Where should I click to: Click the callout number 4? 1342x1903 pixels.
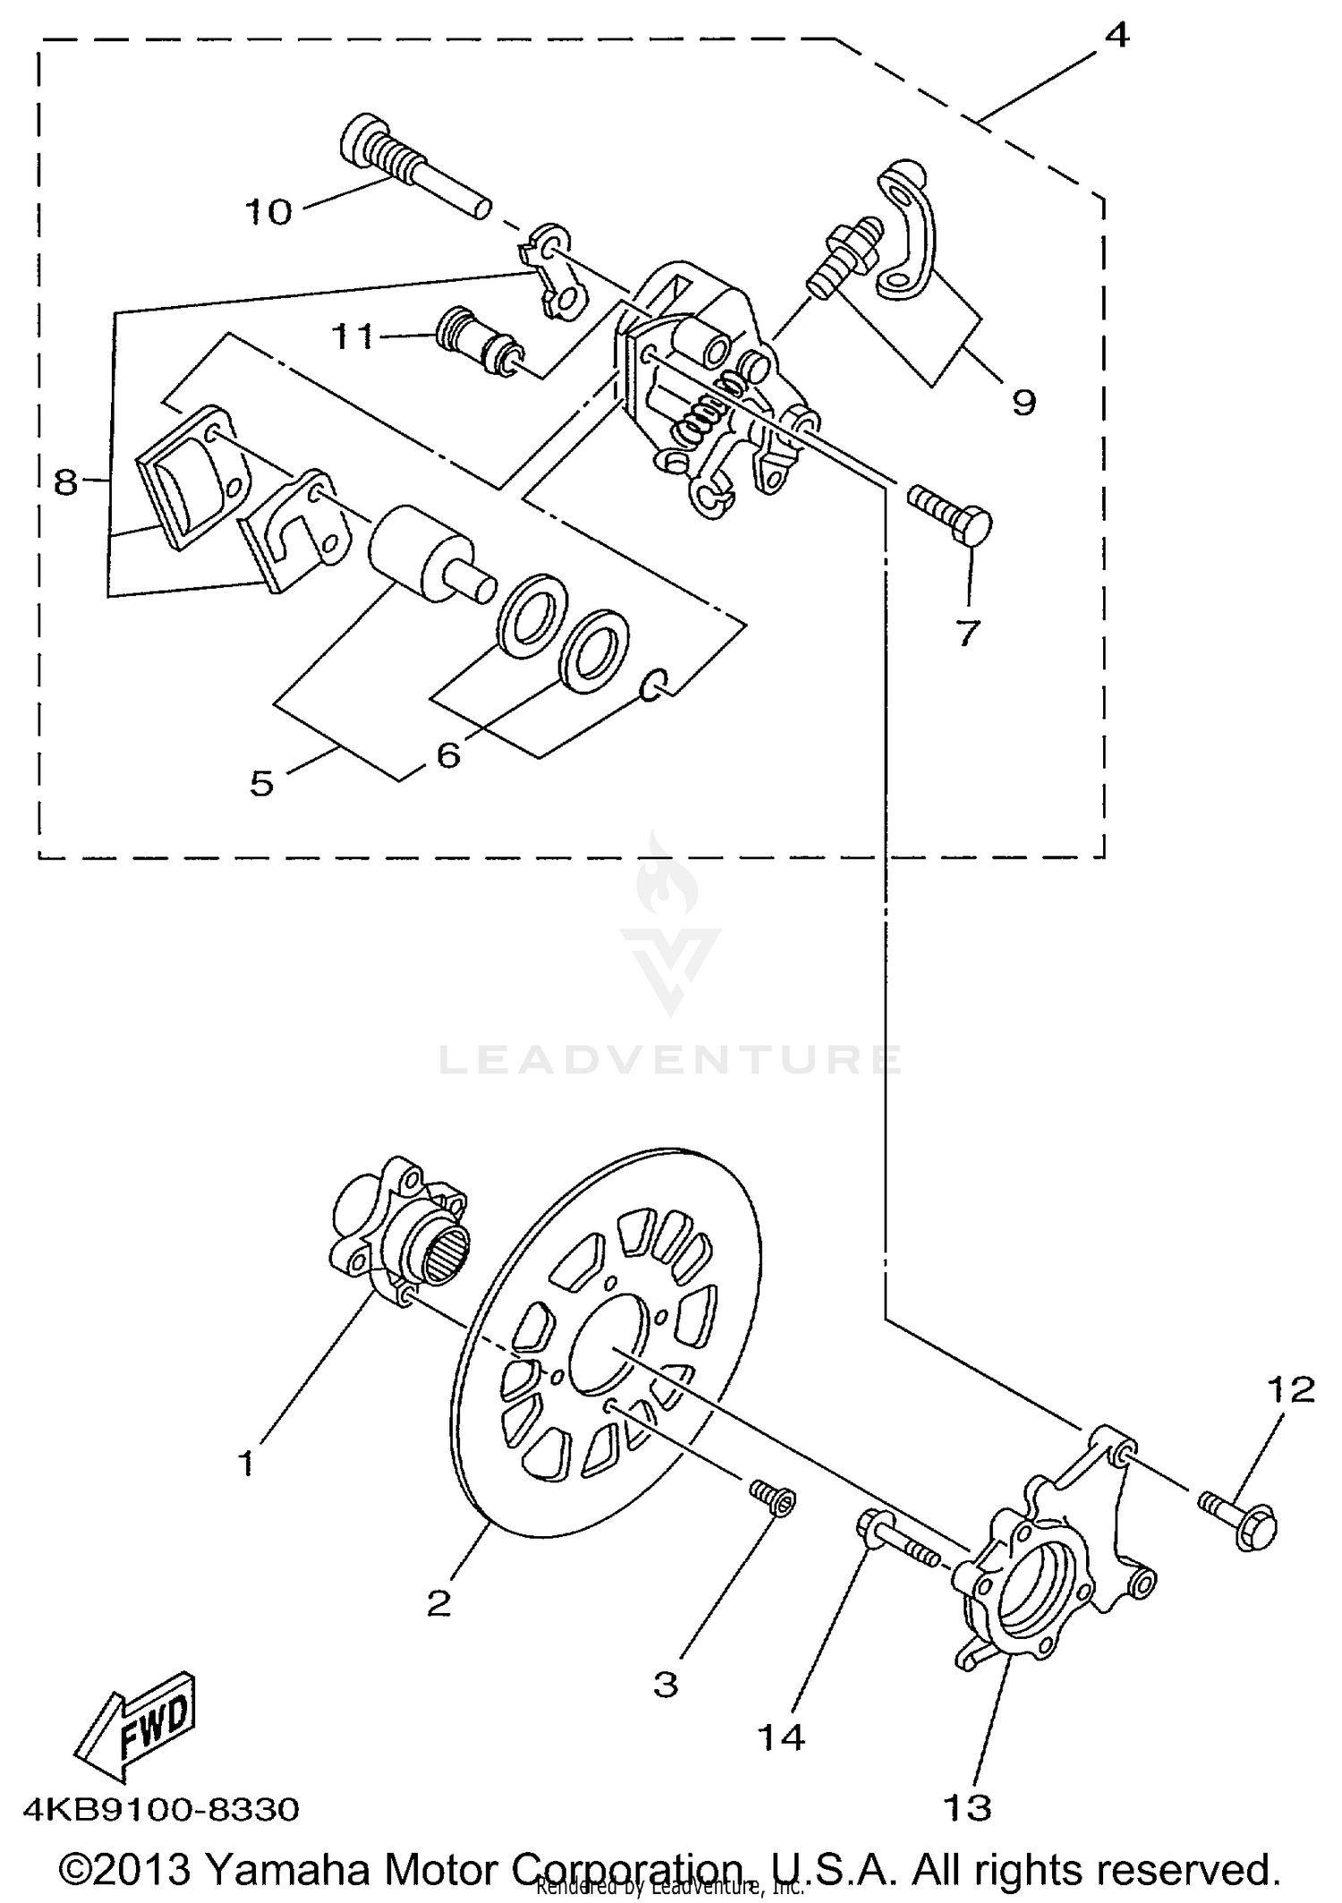coord(1116,36)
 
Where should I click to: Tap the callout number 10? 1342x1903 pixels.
coord(268,213)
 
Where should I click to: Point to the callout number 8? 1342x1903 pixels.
coord(67,483)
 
